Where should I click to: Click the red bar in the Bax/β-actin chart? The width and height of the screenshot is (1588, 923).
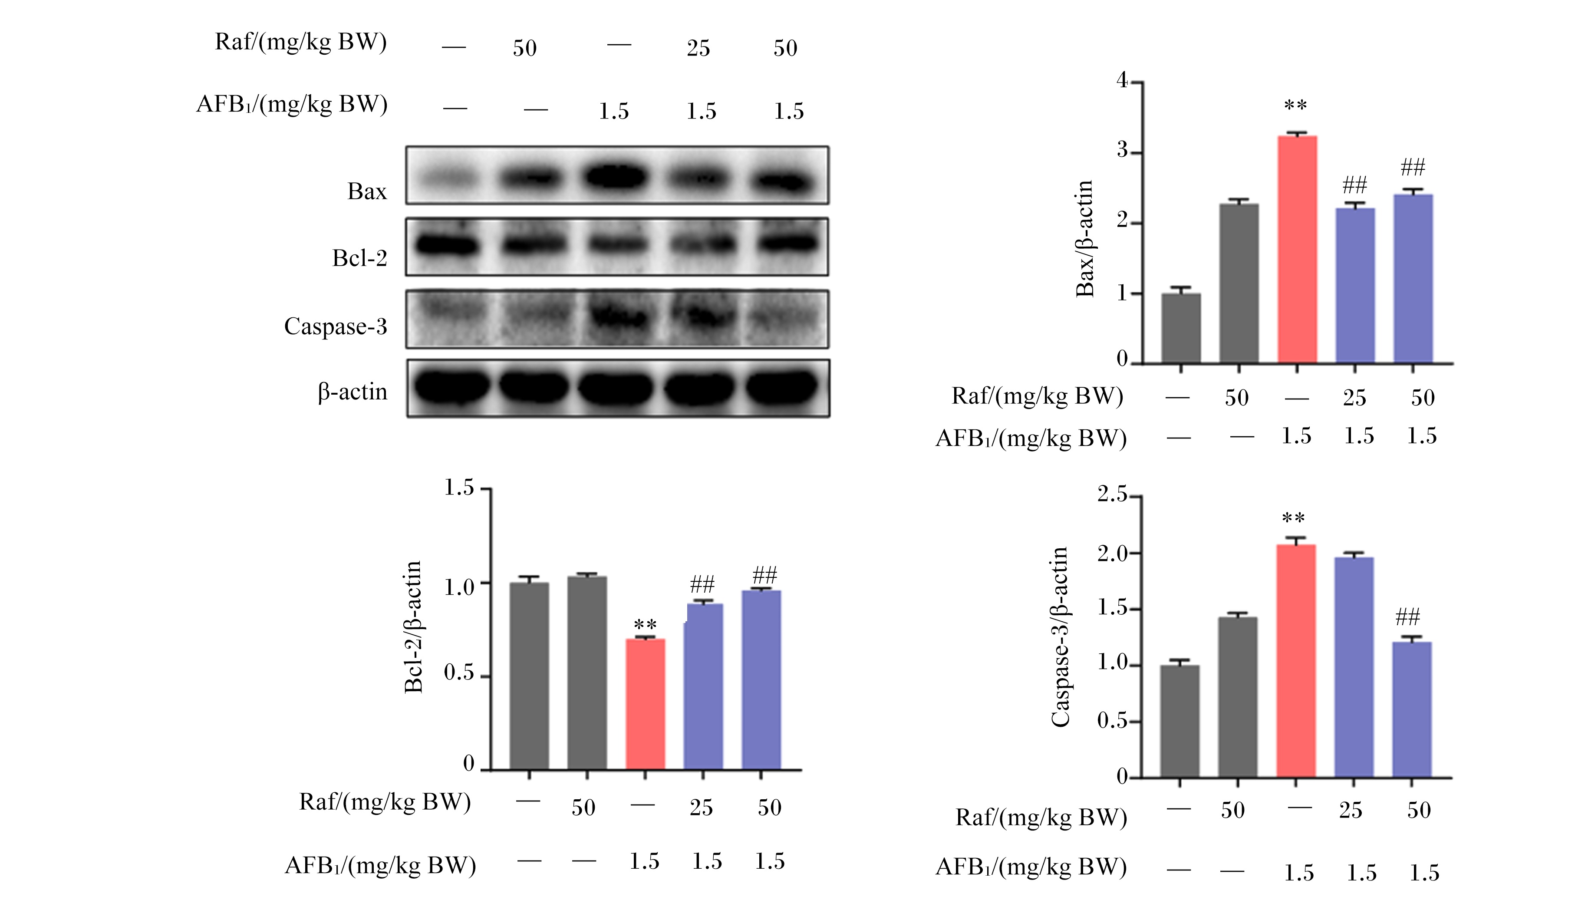pos(1297,250)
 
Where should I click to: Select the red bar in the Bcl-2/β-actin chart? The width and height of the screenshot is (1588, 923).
pos(645,704)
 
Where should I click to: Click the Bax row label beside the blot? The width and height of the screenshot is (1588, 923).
pos(367,191)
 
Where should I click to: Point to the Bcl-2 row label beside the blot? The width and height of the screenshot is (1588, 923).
pos(359,258)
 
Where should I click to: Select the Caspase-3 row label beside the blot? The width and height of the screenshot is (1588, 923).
pos(335,326)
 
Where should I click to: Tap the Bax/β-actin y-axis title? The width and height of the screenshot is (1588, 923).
pos(1084,238)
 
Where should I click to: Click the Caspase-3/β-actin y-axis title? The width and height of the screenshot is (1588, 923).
pos(1060,637)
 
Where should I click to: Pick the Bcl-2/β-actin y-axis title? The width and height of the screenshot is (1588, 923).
pos(413,627)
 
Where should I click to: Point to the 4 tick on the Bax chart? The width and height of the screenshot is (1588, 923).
pos(1122,81)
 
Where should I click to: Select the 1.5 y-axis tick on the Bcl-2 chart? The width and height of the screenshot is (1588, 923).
pos(459,487)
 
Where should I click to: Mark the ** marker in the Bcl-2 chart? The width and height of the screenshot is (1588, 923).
pos(645,625)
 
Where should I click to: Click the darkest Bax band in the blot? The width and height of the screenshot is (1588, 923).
pos(616,176)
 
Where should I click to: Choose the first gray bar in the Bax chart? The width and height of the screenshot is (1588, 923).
pos(1181,328)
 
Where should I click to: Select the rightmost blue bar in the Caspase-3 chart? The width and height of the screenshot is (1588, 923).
pos(1412,709)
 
